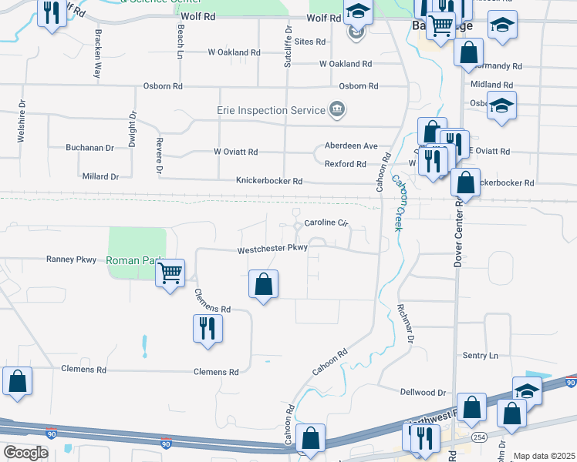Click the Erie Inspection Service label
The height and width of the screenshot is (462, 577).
click(x=271, y=110)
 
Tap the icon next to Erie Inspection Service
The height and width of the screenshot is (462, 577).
click(x=336, y=110)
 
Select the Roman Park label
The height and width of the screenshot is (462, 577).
click(x=133, y=260)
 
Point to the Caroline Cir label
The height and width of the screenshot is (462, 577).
click(x=327, y=223)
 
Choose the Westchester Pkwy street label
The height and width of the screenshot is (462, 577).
click(x=272, y=248)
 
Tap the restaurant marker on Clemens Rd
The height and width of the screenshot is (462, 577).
click(x=207, y=328)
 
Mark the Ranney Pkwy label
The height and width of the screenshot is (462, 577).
click(x=72, y=259)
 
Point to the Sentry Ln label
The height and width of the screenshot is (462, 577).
click(x=481, y=356)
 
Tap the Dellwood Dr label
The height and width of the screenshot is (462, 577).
click(x=423, y=392)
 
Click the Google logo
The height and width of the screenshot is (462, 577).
click(x=25, y=452)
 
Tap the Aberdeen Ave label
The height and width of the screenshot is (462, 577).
click(x=351, y=146)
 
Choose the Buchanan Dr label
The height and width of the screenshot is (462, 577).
click(x=89, y=147)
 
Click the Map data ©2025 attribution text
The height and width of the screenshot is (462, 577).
click(x=544, y=456)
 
